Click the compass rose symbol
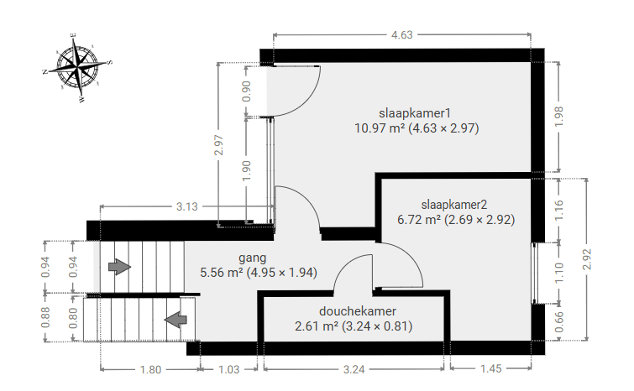click(77, 67)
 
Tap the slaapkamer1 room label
click(415, 112)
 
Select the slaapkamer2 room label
click(453, 205)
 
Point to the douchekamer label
click(358, 311)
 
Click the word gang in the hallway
click(252, 258)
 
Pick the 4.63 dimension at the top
click(402, 34)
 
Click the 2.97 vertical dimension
click(218, 145)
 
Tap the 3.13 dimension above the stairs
click(186, 206)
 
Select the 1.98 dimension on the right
click(558, 117)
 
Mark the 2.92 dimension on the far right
click(587, 259)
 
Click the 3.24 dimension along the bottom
click(354, 369)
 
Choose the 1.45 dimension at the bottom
click(491, 369)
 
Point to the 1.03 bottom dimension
click(229, 369)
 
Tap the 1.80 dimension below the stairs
click(150, 369)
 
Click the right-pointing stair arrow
click(120, 267)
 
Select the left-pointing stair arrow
click(176, 320)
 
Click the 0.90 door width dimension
click(246, 91)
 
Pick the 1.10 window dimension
click(558, 273)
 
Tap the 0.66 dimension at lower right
click(558, 322)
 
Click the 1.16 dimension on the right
click(558, 210)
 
